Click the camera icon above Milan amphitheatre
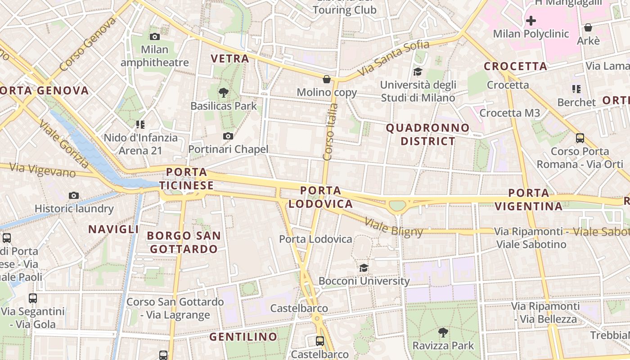click(x=154, y=36)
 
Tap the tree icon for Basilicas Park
click(x=223, y=93)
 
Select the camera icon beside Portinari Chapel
click(x=228, y=136)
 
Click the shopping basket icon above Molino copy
click(x=327, y=79)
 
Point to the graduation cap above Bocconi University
click(x=364, y=268)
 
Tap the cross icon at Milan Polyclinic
click(x=531, y=21)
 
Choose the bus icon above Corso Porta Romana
click(x=580, y=138)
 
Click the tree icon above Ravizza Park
click(x=443, y=333)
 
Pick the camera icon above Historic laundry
click(x=74, y=195)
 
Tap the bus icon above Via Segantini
click(x=33, y=298)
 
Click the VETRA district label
click(x=230, y=58)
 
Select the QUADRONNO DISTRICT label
click(x=428, y=135)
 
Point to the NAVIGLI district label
click(x=113, y=229)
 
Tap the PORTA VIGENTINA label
click(x=529, y=200)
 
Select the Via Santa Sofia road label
click(x=393, y=58)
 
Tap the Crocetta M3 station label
click(x=509, y=113)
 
